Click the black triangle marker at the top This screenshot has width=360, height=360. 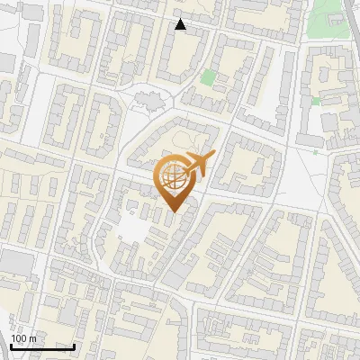point(181,24)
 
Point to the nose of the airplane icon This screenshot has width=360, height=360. point(213,156)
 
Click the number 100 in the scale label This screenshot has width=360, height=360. point(20,338)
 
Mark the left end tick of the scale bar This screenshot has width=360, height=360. point(11,346)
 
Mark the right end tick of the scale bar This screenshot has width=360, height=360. point(74,346)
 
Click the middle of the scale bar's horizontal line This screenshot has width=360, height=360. point(42,347)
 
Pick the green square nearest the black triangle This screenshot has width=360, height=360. point(209,77)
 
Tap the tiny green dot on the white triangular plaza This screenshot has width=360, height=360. point(315,152)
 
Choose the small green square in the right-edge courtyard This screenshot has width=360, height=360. point(316,102)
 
